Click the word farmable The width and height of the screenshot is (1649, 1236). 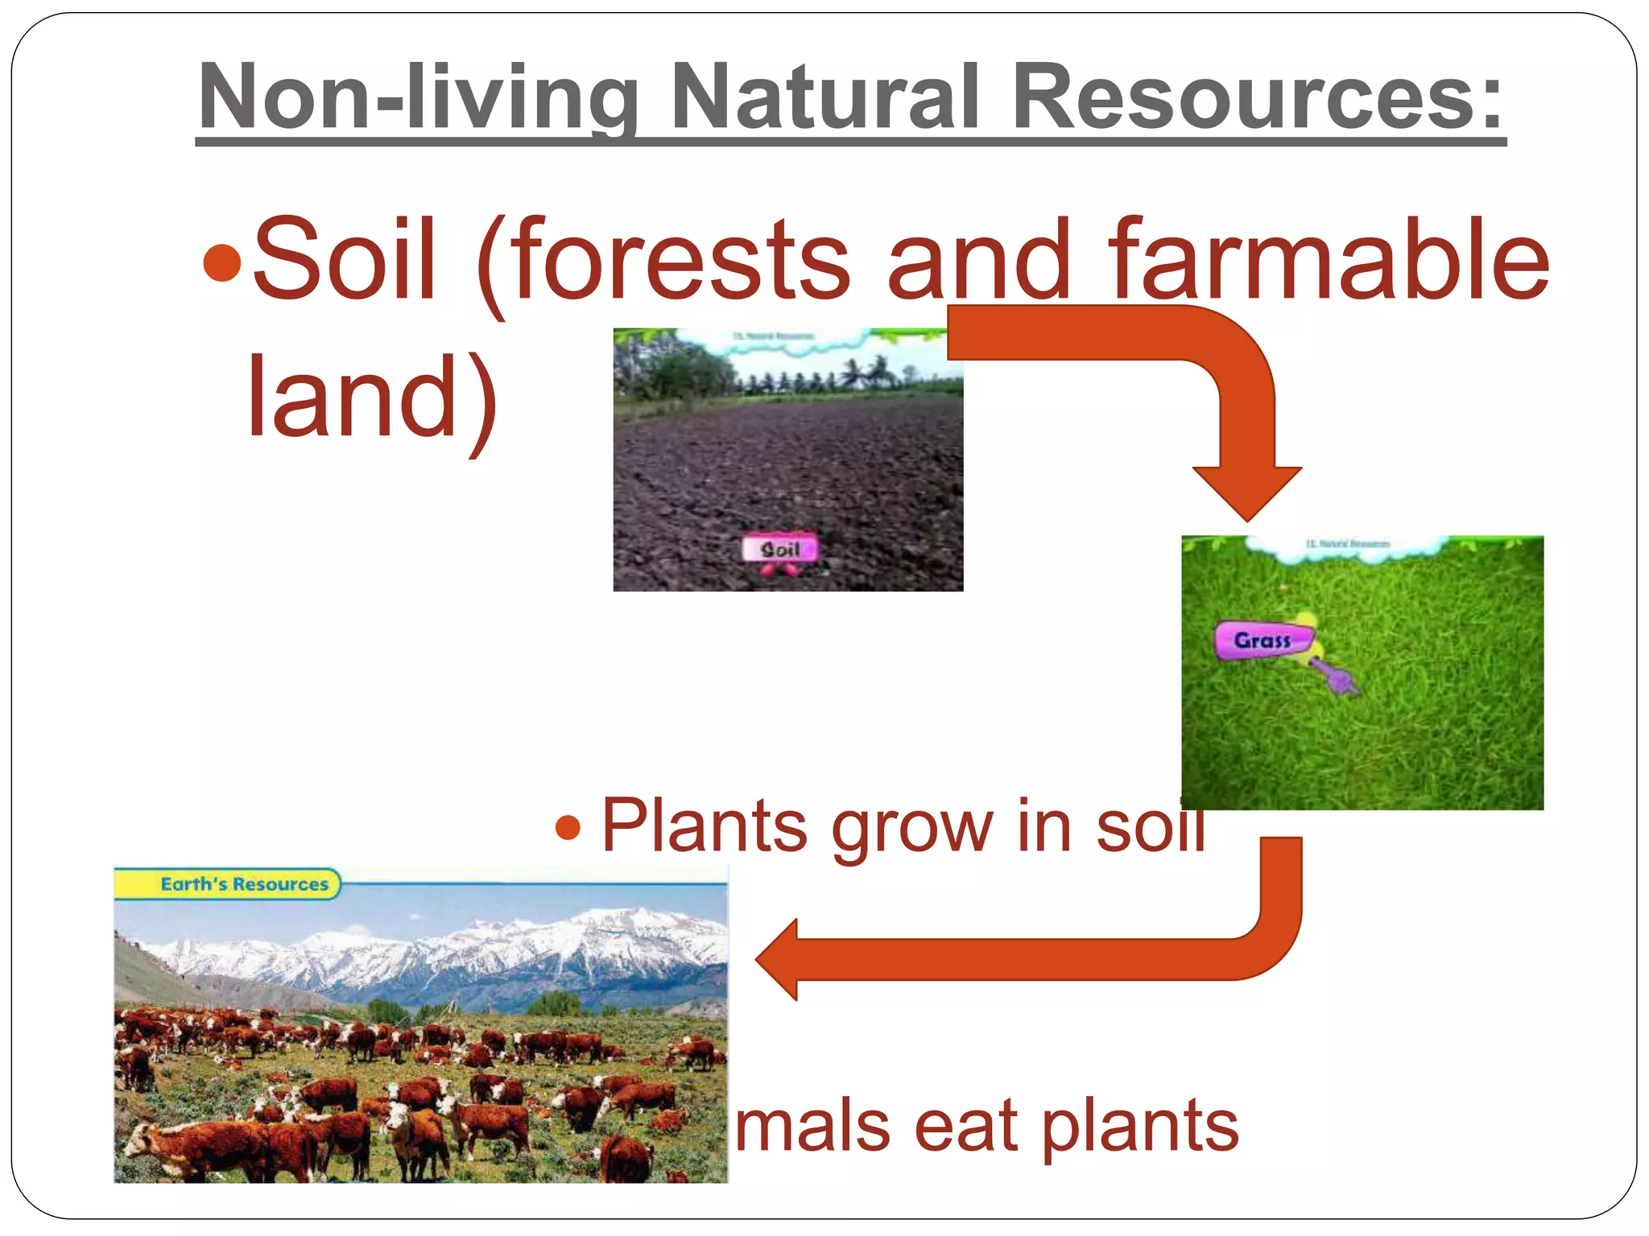pos(1329,259)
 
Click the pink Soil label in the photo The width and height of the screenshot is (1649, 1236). pos(779,550)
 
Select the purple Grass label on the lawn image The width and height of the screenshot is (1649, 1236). pos(1262,641)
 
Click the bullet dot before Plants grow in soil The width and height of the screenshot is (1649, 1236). pos(568,827)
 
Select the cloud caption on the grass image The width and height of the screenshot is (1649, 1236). pos(1346,546)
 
